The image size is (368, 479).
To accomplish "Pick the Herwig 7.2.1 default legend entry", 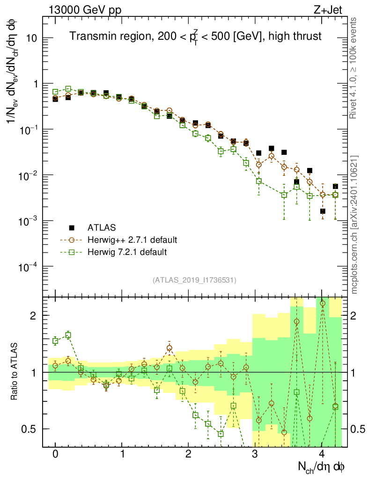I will (127, 252).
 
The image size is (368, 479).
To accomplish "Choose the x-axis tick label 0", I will (55, 454).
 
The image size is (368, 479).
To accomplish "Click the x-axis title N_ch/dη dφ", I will (322, 466).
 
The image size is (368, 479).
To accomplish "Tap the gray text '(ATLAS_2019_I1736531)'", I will (194, 280).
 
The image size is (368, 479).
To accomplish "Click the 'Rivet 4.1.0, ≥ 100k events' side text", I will (354, 68).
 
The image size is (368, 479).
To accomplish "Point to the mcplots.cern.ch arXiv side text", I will (354, 225).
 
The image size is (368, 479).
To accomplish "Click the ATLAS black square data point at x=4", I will (323, 211).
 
